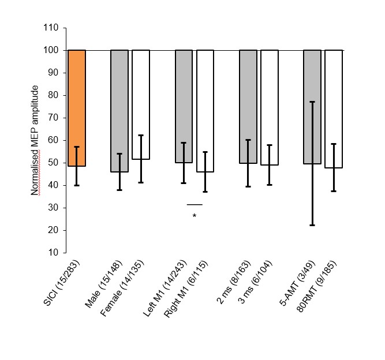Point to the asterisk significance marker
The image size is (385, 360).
click(195, 216)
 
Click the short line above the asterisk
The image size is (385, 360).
click(195, 204)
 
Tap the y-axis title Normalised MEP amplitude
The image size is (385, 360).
click(35, 140)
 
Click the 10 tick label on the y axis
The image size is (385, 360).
click(54, 253)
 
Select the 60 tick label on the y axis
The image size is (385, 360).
click(54, 140)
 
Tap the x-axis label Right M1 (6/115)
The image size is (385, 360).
click(188, 288)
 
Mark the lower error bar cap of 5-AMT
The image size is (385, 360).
click(312, 225)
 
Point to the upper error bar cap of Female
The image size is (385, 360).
click(141, 135)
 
